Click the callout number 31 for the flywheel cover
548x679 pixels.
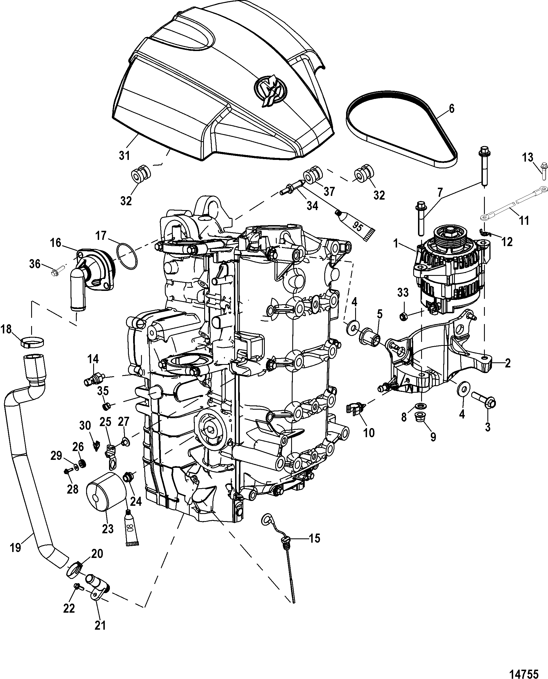(x=124, y=156)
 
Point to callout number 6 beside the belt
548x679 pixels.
(x=451, y=109)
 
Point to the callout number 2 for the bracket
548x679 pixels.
(x=507, y=363)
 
